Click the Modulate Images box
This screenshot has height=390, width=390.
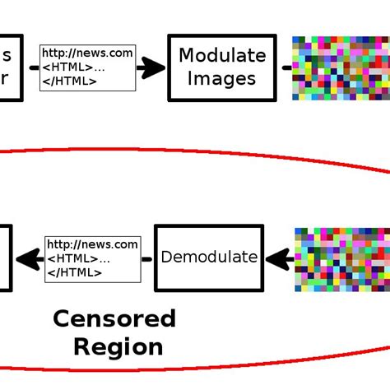(x=221, y=67)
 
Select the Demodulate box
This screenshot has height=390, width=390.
(x=209, y=257)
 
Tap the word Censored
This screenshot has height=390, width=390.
(x=114, y=318)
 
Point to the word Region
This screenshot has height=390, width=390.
(x=118, y=346)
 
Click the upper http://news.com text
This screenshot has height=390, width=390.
(x=87, y=53)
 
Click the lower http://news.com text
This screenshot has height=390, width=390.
(x=92, y=244)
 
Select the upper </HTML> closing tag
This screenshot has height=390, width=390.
(x=70, y=81)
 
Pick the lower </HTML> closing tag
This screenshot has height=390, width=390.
(x=75, y=272)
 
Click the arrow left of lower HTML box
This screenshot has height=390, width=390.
(x=29, y=259)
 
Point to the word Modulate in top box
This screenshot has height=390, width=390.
(x=222, y=56)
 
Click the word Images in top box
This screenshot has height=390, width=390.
(x=221, y=79)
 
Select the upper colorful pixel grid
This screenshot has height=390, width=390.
(x=341, y=67)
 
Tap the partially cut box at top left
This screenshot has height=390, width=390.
(x=10, y=67)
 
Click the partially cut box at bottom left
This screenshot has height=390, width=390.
(x=5, y=258)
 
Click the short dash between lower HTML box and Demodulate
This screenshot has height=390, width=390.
(x=146, y=259)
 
